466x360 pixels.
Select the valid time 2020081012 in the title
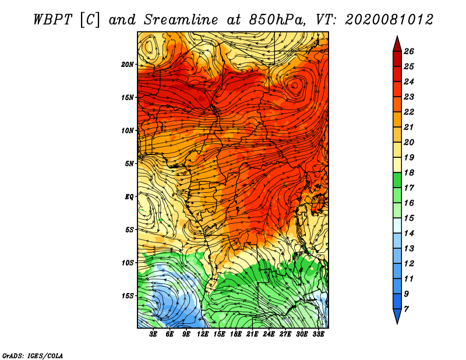click(389, 19)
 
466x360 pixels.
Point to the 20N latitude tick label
click(128, 64)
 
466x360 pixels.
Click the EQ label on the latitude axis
click(129, 196)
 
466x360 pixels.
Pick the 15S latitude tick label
click(128, 295)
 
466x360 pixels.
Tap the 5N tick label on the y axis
click(129, 163)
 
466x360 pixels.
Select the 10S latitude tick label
click(128, 263)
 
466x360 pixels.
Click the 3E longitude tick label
click(154, 335)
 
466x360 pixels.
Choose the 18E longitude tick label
click(236, 335)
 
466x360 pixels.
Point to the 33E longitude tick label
click(318, 335)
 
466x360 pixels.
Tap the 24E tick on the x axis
click(269, 335)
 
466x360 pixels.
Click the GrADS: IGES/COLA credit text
click(33, 355)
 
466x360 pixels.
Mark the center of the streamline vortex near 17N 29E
click(295, 85)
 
